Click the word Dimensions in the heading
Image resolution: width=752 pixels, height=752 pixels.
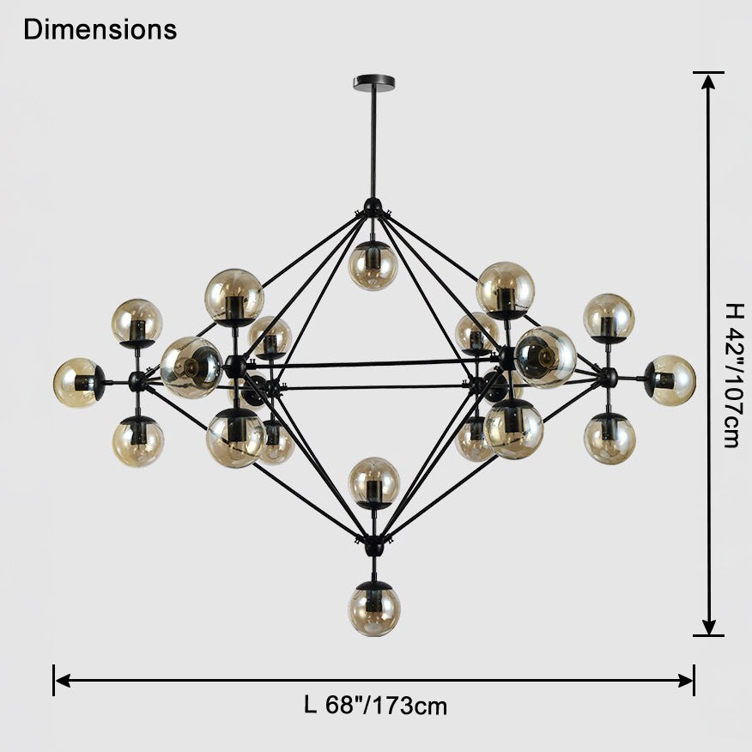coord(100,29)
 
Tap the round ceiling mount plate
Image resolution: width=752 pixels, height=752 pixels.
coord(374,83)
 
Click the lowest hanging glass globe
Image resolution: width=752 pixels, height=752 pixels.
coord(374,610)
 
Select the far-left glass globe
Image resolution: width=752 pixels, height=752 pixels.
coord(78,383)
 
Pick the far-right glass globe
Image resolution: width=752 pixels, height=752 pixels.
coord(670,380)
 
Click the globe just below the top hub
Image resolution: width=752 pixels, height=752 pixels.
coord(373,265)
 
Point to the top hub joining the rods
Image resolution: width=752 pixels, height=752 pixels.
coord(373,208)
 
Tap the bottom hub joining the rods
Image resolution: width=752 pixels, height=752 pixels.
coord(373,545)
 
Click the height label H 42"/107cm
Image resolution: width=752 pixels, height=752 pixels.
coord(734,375)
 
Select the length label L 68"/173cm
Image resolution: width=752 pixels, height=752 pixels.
coord(375,706)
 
